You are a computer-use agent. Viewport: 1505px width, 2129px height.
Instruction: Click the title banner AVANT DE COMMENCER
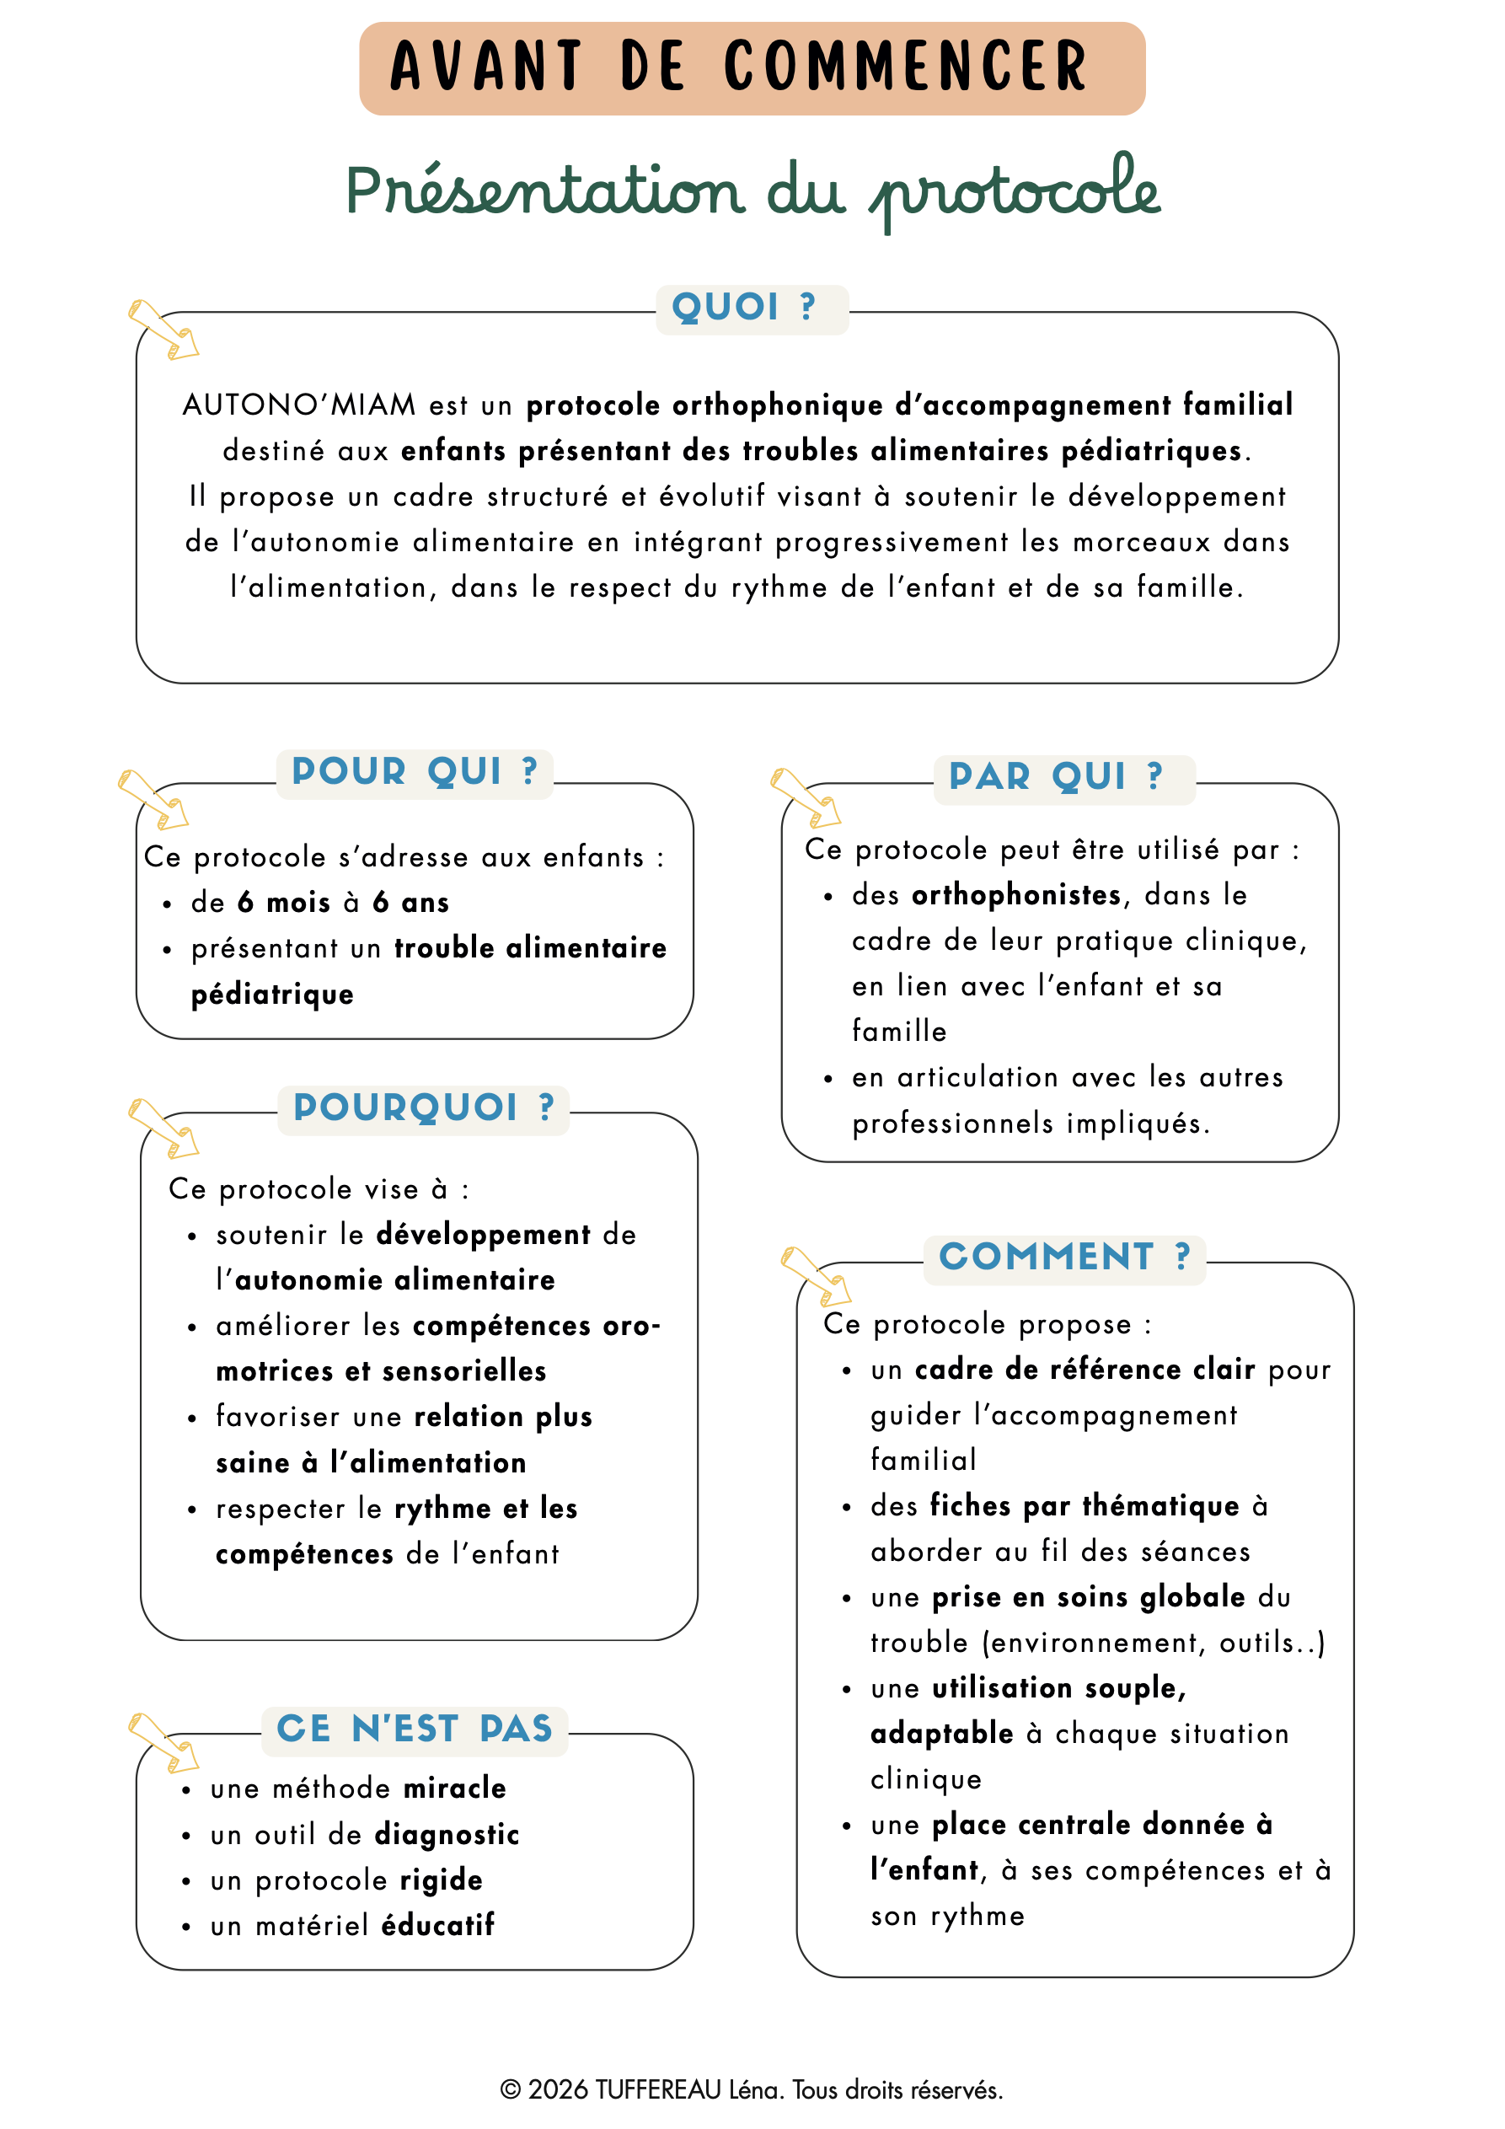pyautogui.click(x=752, y=67)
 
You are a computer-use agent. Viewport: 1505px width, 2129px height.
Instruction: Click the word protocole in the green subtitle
pyautogui.click(x=1015, y=191)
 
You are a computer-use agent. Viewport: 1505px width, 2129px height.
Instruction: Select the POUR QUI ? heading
pyautogui.click(x=415, y=772)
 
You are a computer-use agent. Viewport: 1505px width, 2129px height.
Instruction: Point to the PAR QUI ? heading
pyautogui.click(x=1056, y=777)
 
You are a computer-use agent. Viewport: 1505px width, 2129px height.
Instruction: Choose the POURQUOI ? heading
pyautogui.click(x=423, y=1108)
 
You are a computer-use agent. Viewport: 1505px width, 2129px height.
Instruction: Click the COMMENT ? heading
pyautogui.click(x=1063, y=1258)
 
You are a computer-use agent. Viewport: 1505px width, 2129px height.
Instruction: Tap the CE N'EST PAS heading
pyautogui.click(x=415, y=1729)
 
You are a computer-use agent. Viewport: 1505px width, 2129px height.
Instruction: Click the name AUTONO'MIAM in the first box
pyautogui.click(x=298, y=405)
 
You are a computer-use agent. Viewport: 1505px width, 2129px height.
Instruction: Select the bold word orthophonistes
pyautogui.click(x=1016, y=895)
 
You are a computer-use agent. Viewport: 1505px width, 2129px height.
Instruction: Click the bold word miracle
pyautogui.click(x=454, y=1788)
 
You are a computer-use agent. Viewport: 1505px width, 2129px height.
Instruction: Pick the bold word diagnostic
pyautogui.click(x=447, y=1834)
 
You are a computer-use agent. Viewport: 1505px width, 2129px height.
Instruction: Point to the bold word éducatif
pyautogui.click(x=437, y=1925)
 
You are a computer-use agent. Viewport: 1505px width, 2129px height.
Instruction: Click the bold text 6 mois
pyautogui.click(x=284, y=902)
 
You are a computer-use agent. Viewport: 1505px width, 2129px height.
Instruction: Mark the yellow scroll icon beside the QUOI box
pyautogui.click(x=163, y=330)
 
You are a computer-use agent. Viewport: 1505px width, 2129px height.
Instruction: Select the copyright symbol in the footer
pyautogui.click(x=510, y=2090)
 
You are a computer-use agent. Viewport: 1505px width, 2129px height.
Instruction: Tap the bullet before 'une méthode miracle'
pyautogui.click(x=186, y=1790)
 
